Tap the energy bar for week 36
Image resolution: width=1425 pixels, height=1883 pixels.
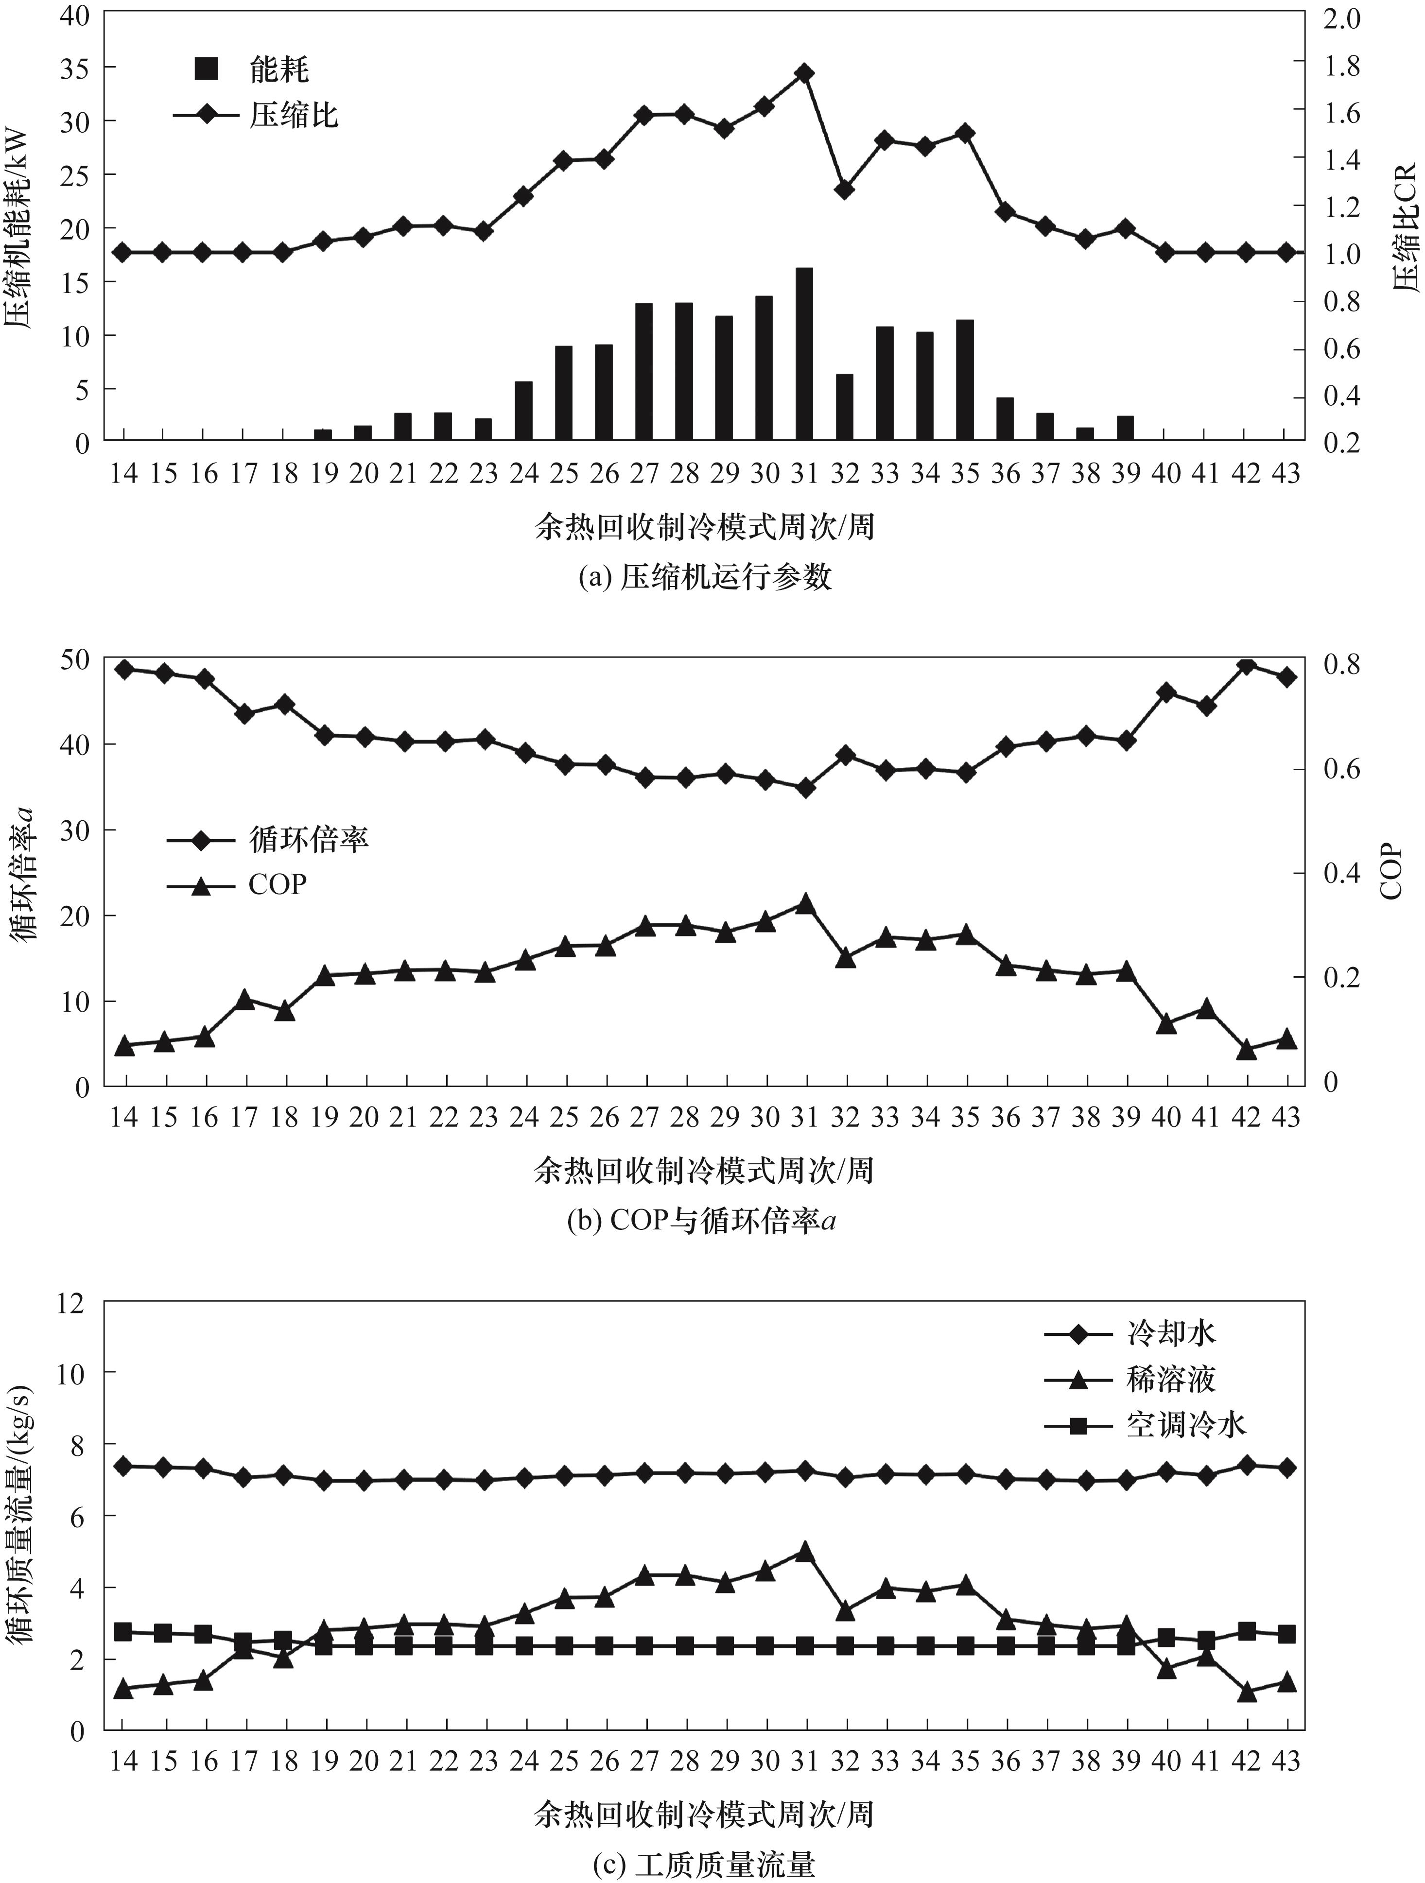point(1006,418)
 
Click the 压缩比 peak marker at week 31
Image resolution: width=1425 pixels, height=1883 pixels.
point(804,73)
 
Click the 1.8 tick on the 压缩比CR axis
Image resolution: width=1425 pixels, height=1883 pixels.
point(1343,64)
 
